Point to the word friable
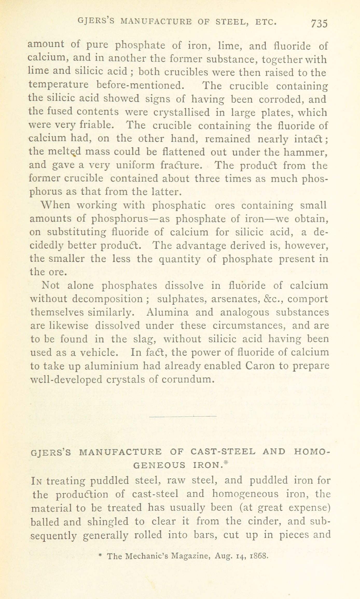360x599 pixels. tap(97, 125)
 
